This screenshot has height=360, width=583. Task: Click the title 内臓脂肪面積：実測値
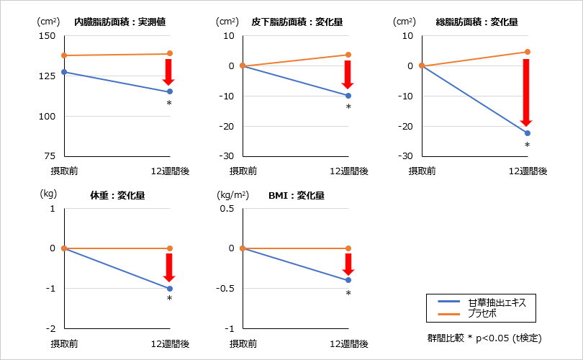[x=120, y=22]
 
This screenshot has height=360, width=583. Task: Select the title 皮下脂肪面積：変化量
[x=297, y=22]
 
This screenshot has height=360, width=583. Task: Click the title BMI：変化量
[x=296, y=195]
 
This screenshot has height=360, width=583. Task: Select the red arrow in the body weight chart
[x=170, y=267]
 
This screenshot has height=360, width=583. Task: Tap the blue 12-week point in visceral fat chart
[x=170, y=91]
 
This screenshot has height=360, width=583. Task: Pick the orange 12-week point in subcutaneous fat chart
[x=348, y=55]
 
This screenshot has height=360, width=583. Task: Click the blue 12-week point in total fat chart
[x=527, y=133]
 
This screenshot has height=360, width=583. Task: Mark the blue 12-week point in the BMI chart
[x=348, y=280]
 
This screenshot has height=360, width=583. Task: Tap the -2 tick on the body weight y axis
[x=50, y=329]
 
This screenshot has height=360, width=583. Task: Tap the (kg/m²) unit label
[x=233, y=195]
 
